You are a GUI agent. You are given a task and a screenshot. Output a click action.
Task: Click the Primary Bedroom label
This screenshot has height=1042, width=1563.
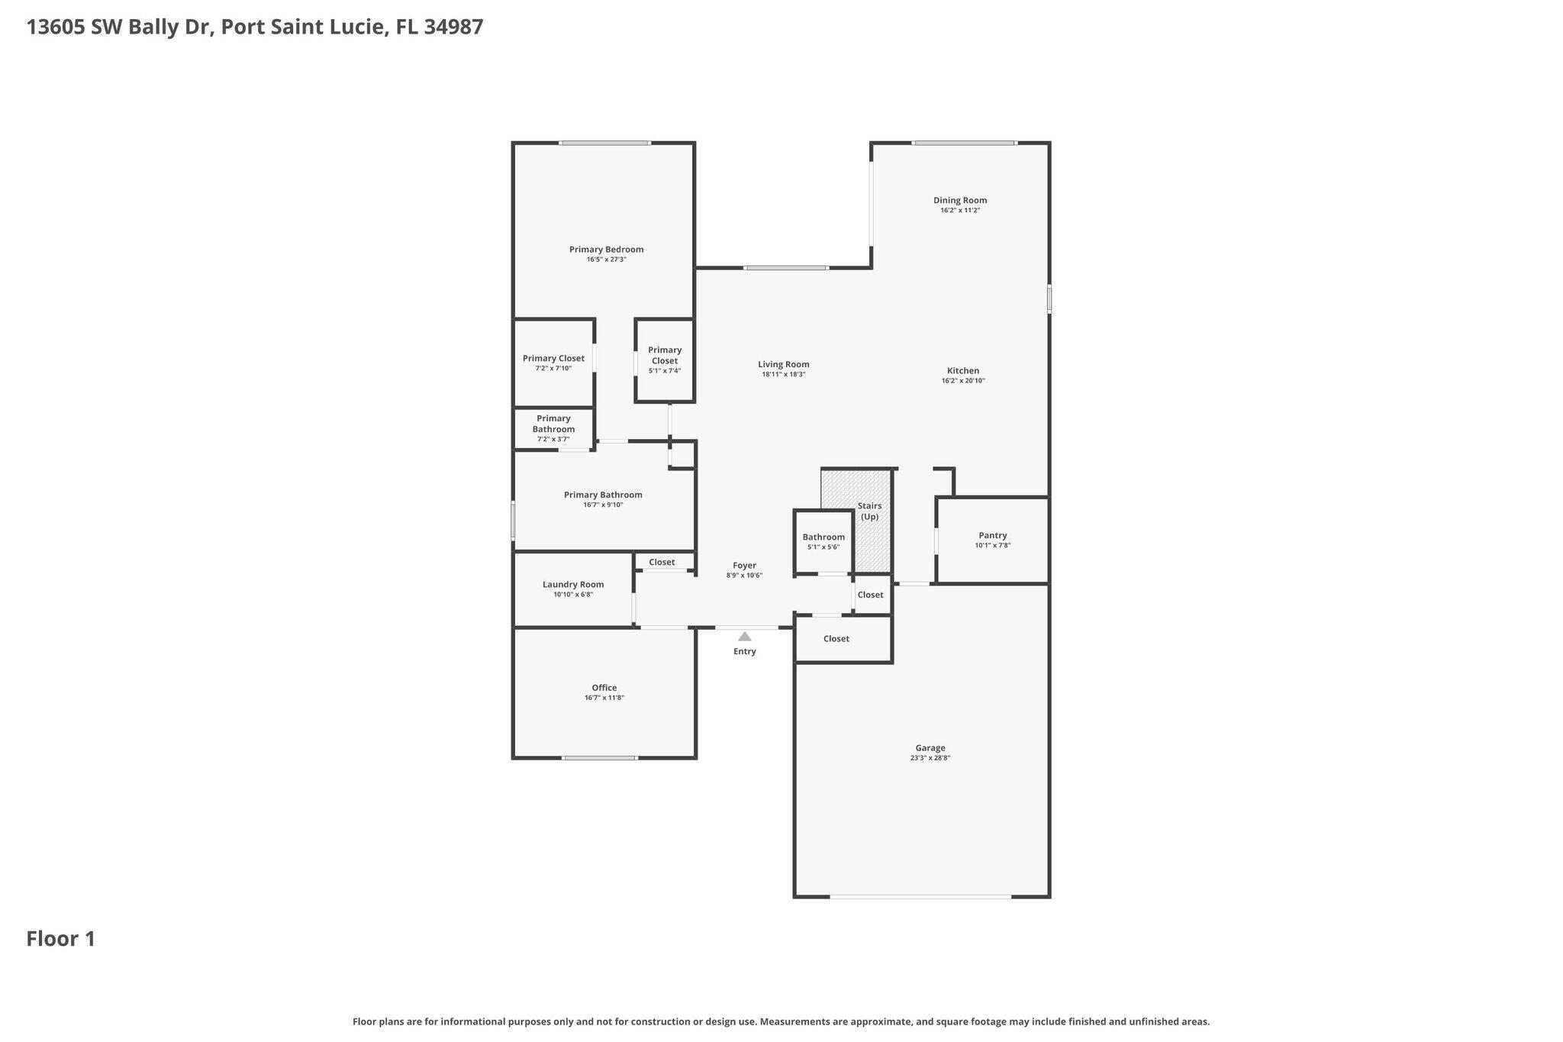click(x=606, y=250)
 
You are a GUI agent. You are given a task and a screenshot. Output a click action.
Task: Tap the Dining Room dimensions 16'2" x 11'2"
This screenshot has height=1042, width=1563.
click(x=959, y=210)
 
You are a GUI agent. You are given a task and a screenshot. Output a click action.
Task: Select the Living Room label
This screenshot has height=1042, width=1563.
click(x=783, y=365)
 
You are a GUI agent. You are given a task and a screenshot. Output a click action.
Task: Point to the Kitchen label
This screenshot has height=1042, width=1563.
click(x=962, y=371)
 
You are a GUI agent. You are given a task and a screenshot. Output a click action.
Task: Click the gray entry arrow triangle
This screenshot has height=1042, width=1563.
click(x=744, y=637)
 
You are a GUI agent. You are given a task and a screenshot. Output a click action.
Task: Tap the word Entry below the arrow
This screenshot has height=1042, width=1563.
click(x=744, y=651)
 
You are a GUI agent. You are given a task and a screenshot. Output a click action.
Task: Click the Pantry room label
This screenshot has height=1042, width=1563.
click(x=992, y=536)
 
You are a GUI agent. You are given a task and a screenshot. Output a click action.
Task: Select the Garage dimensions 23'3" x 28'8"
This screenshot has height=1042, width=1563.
click(x=930, y=758)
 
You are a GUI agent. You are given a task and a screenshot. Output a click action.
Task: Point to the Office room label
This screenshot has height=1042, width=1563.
click(x=604, y=688)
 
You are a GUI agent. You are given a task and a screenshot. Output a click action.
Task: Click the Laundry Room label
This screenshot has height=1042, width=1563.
click(x=572, y=585)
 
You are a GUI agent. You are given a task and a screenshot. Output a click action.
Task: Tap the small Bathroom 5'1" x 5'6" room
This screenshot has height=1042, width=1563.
click(x=823, y=540)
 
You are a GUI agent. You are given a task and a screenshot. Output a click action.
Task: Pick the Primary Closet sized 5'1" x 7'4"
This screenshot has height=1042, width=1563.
click(x=664, y=359)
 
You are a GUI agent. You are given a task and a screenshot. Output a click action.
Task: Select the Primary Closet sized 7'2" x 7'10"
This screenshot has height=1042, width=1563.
click(x=553, y=362)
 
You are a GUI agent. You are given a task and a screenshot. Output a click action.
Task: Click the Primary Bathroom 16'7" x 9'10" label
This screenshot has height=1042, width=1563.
click(x=603, y=495)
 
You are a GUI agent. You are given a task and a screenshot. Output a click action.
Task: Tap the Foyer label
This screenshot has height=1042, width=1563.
click(x=744, y=566)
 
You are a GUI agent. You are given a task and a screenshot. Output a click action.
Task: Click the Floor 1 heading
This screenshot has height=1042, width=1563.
click(x=61, y=939)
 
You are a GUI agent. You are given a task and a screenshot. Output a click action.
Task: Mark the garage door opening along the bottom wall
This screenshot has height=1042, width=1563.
click(x=920, y=896)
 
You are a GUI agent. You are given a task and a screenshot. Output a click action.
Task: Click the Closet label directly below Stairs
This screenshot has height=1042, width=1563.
click(x=870, y=595)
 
